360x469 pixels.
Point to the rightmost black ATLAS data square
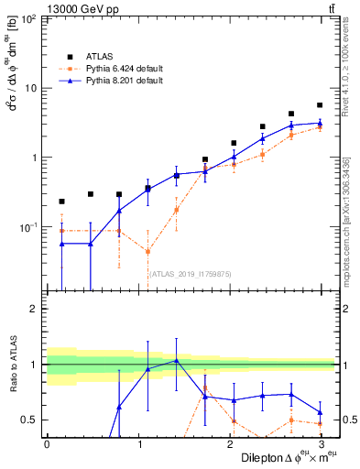coord(320,105)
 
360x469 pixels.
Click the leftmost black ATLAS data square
coord(61,201)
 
